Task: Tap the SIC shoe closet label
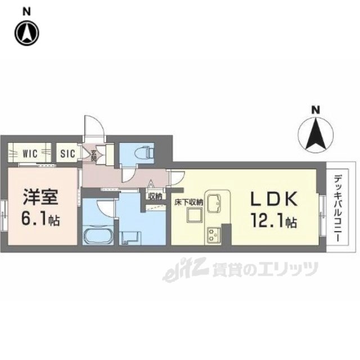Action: click(x=68, y=152)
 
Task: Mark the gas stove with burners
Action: click(x=214, y=232)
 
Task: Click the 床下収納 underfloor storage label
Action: click(x=187, y=201)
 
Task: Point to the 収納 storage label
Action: click(x=155, y=196)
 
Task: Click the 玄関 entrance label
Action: click(x=93, y=152)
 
